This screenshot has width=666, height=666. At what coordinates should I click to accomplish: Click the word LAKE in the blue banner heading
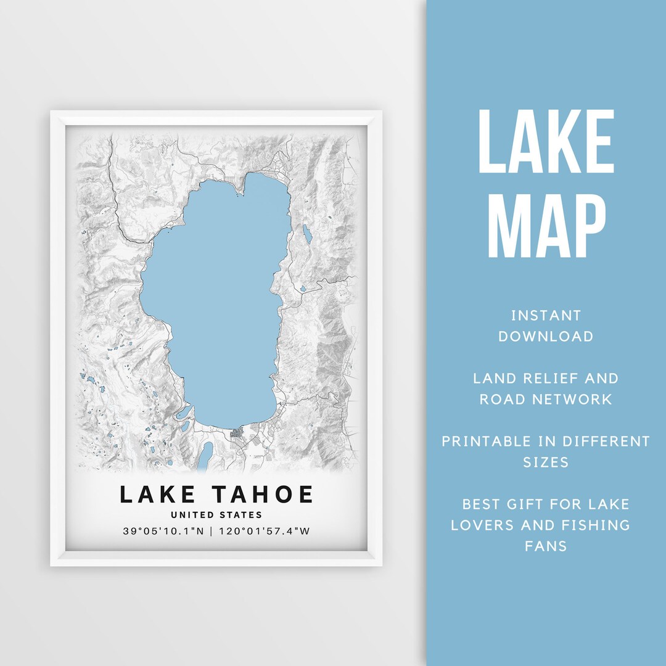point(546,143)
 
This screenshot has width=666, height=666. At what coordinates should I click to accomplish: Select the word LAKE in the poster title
point(158,495)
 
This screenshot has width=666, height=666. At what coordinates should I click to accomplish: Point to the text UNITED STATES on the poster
point(216,515)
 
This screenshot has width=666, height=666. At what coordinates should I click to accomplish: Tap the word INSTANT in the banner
point(546,316)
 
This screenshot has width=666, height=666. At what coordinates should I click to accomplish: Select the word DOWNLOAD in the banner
point(546,337)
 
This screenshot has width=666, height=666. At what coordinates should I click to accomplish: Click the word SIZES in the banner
point(546,462)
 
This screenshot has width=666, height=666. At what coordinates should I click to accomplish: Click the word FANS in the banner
point(546,546)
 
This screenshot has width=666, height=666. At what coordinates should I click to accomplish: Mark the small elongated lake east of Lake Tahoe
point(306,234)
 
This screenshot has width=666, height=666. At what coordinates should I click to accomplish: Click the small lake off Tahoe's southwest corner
point(184,413)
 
